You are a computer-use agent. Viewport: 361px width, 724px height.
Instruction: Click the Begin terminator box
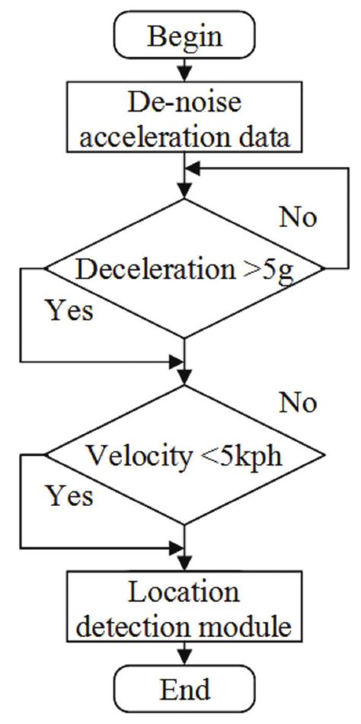pos(184,36)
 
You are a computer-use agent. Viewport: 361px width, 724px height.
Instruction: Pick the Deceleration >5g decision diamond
pos(184,268)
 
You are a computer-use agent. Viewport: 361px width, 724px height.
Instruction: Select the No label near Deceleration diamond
pos(298,216)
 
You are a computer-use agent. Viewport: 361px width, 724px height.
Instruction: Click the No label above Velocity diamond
pos(298,402)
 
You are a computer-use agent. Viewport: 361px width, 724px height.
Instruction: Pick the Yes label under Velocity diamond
pos(71,496)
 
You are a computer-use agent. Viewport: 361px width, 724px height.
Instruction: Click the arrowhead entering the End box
pos(184,662)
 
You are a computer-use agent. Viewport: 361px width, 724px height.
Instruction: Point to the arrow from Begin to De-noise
pos(184,70)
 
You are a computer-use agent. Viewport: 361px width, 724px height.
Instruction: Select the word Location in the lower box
pos(184,593)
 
